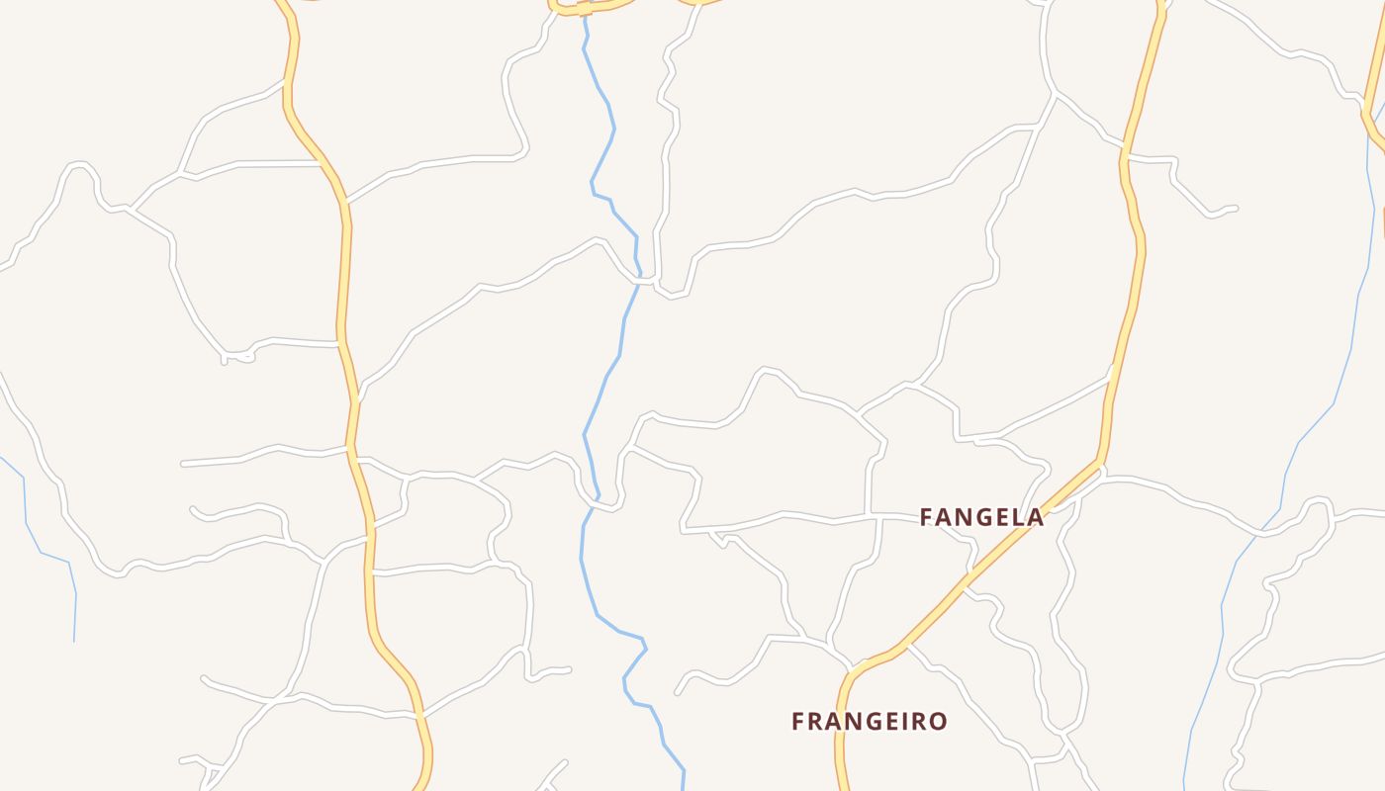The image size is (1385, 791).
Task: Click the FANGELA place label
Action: point(981,517)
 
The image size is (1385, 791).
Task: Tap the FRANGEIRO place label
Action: point(869,722)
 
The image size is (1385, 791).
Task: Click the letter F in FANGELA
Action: point(927,517)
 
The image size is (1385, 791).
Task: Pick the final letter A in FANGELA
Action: point(1035,517)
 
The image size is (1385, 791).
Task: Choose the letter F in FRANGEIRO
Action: point(798,722)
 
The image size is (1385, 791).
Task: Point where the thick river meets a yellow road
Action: point(584,8)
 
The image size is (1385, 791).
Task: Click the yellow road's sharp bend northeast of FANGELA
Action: point(1101,460)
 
